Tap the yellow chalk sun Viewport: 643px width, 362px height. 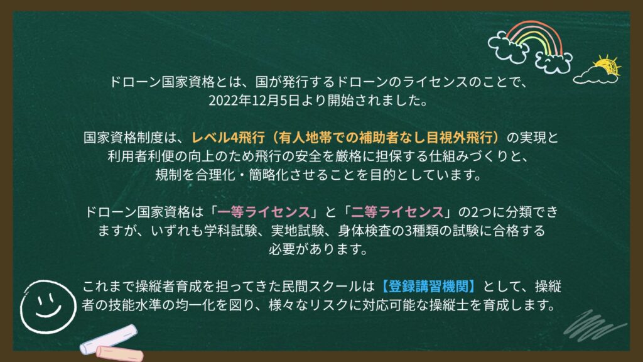[x=606, y=65]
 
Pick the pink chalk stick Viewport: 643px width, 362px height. [x=120, y=354]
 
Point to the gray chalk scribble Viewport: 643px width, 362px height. [x=595, y=326]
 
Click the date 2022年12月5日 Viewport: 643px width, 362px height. [x=254, y=101]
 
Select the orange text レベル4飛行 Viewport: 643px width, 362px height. [x=228, y=138]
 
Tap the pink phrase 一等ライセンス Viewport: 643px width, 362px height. [x=264, y=212]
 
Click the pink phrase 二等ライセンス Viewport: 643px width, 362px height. [x=397, y=212]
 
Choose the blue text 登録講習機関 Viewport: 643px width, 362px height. [x=428, y=286]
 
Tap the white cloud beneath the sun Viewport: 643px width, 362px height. [x=595, y=77]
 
